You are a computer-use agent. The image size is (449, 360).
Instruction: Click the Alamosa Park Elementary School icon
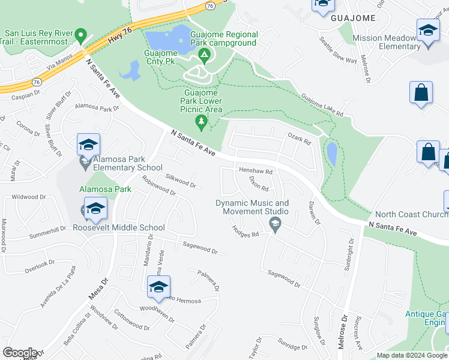pos(88,145)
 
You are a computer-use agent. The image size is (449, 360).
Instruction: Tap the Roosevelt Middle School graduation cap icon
pos(95,209)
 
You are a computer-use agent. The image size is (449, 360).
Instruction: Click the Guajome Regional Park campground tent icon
pos(204,56)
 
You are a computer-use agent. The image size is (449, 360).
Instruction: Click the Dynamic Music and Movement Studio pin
pos(275,225)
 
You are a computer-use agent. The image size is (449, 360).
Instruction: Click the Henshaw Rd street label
pos(256,171)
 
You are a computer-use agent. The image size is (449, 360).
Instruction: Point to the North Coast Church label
pos(411,214)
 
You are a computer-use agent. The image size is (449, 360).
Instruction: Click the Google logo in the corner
pos(20,353)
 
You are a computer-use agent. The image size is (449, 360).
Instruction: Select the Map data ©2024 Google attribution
pos(412,355)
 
